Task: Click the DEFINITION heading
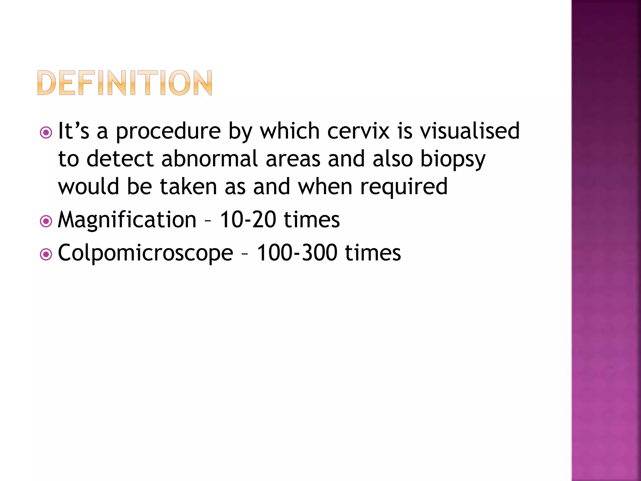point(125,83)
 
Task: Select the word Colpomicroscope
point(146,253)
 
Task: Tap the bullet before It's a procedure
point(46,133)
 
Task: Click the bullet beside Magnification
point(46,222)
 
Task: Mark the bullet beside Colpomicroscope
point(46,255)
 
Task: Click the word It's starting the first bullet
point(74,131)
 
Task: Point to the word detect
point(120,158)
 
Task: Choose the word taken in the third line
point(188,187)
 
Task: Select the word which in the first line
point(290,131)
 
